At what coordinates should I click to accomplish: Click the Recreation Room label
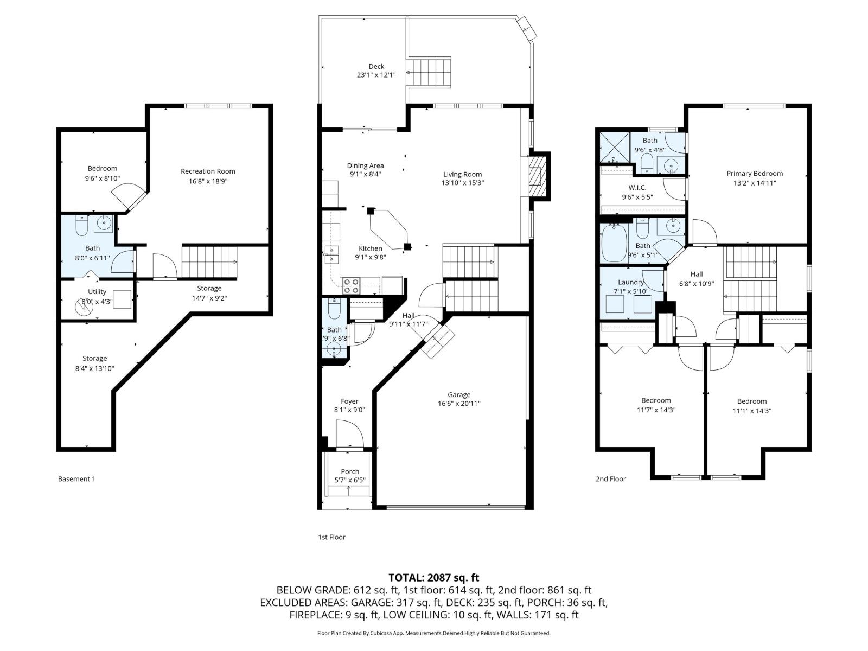[x=208, y=171]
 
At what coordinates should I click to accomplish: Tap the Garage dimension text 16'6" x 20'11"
[x=459, y=404]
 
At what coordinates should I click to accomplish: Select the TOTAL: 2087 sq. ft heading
[x=433, y=578]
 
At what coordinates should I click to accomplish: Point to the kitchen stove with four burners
[x=351, y=285]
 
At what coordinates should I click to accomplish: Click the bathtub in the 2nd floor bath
[x=614, y=244]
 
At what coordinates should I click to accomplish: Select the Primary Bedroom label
[x=755, y=174]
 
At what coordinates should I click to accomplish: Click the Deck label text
[x=376, y=67]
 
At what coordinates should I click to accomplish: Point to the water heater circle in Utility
[x=84, y=307]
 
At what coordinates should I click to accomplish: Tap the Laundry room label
[x=631, y=282]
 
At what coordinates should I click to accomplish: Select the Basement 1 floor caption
[x=76, y=479]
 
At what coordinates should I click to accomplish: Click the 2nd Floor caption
[x=610, y=479]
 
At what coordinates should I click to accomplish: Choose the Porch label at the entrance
[x=350, y=471]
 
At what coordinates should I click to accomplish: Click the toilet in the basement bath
[x=82, y=227]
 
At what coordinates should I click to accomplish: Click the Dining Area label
[x=365, y=166]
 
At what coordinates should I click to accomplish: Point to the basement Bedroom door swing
[x=129, y=194]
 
